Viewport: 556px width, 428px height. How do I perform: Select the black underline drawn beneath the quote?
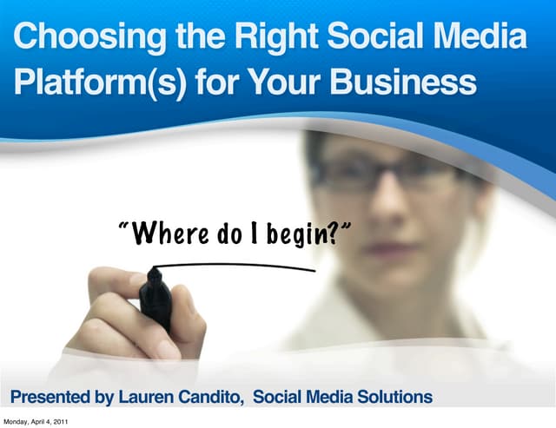(x=235, y=266)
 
